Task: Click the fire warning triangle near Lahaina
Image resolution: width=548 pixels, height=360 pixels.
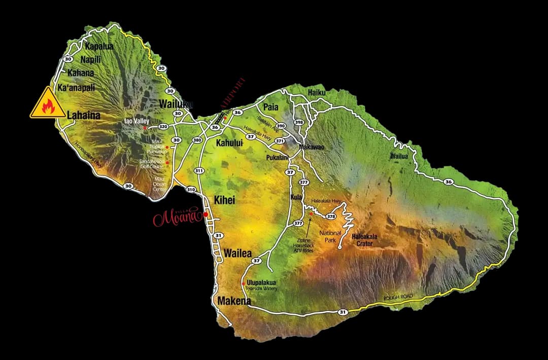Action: click(47, 103)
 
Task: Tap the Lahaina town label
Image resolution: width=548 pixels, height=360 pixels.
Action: click(84, 116)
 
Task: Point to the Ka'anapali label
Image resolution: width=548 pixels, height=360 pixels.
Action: click(77, 88)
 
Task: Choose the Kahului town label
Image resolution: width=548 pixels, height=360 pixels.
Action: click(230, 143)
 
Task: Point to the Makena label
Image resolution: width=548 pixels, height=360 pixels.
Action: click(234, 301)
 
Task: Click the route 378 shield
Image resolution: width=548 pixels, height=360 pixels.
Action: click(331, 216)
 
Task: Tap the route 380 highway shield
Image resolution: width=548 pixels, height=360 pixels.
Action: click(196, 140)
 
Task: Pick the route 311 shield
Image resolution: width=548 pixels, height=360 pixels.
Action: click(199, 171)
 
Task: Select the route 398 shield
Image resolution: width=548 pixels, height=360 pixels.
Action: click(299, 122)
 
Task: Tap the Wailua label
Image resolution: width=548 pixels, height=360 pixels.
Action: click(399, 156)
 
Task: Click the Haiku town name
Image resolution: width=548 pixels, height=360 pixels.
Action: click(317, 92)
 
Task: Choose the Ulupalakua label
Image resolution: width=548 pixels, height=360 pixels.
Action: click(262, 282)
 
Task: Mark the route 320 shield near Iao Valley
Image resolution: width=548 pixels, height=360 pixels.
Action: click(163, 127)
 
